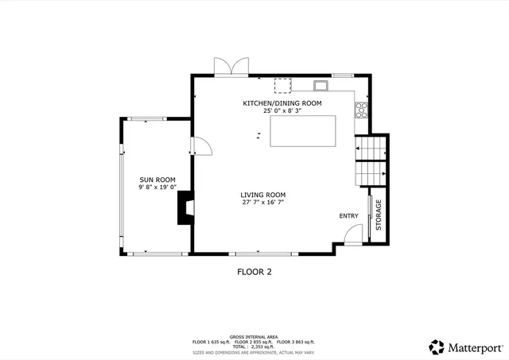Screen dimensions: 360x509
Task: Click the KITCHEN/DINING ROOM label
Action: tap(282, 103)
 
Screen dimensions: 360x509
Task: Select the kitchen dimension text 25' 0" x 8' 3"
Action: tap(282, 111)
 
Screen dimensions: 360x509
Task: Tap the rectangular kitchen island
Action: tap(302, 131)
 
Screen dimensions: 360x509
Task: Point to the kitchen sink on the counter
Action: tap(321, 85)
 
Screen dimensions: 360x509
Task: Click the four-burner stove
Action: tap(361, 110)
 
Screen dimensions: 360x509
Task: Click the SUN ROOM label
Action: tap(157, 180)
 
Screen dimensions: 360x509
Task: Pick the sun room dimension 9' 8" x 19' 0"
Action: tap(157, 188)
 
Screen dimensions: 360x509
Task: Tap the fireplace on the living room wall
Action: tap(185, 210)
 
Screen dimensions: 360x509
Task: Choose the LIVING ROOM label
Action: tap(263, 195)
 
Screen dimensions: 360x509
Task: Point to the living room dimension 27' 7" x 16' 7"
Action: tap(263, 203)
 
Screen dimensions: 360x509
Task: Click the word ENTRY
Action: tap(349, 216)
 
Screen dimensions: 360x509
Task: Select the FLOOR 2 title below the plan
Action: tap(254, 272)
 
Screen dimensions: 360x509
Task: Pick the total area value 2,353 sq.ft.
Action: tap(262, 346)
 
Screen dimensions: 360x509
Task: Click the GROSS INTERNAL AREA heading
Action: tap(254, 337)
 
